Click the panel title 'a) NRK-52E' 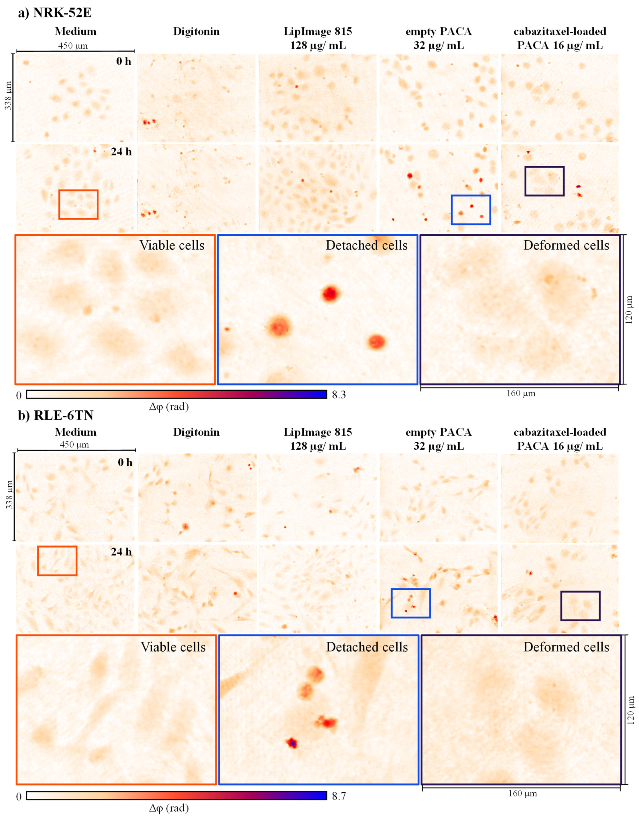pyautogui.click(x=55, y=12)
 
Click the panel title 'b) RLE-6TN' pyautogui.click(x=56, y=415)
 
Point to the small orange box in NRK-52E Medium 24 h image pyautogui.click(x=78, y=204)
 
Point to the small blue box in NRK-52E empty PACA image pyautogui.click(x=471, y=210)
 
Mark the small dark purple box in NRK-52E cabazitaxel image pyautogui.click(x=544, y=181)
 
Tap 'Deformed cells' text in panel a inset pyautogui.click(x=566, y=245)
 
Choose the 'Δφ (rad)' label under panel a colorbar pyautogui.click(x=169, y=406)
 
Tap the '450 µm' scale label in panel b pyautogui.click(x=74, y=445)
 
